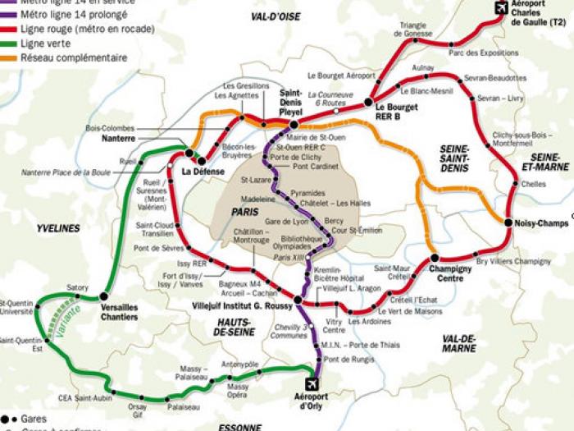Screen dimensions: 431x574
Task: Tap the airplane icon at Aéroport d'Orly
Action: [312, 384]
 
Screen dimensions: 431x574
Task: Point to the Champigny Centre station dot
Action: [434, 259]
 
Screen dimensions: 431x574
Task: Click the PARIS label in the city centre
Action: [244, 211]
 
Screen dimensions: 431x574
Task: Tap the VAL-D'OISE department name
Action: [276, 16]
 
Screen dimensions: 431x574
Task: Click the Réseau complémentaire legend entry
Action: [74, 57]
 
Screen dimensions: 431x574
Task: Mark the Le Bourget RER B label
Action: [397, 111]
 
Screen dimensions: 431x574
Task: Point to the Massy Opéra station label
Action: [238, 390]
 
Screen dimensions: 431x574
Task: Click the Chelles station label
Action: [533, 184]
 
